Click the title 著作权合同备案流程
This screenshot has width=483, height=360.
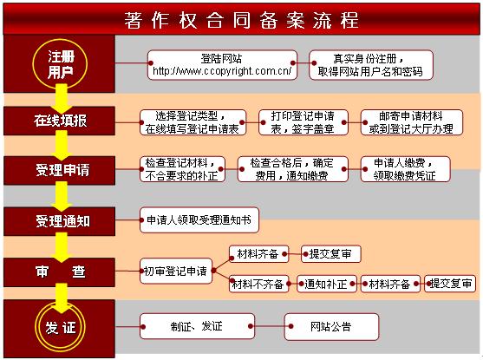tap(241, 21)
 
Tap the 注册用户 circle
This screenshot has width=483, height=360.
tap(60, 64)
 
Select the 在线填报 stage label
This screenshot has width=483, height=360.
tap(61, 121)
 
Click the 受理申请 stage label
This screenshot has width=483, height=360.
tap(62, 170)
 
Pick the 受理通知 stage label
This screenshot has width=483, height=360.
tap(62, 221)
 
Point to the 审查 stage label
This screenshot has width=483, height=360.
tap(61, 272)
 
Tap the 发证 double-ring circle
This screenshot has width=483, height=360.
tap(60, 327)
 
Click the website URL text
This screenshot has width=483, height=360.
tap(222, 71)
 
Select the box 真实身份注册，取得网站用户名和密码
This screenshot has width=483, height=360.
tap(371, 65)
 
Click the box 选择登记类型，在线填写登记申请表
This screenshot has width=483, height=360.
tap(193, 122)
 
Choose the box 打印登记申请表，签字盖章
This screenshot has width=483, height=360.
tap(304, 122)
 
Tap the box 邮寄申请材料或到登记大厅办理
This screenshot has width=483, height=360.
tap(412, 122)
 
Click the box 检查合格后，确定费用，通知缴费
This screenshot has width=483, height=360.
tap(292, 169)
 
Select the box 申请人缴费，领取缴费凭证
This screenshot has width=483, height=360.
tap(405, 169)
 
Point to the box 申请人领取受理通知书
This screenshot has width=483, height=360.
tap(199, 220)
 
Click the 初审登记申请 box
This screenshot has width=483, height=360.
tap(176, 272)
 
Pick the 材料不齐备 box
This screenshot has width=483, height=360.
tap(258, 284)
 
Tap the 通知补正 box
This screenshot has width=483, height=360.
tap(327, 284)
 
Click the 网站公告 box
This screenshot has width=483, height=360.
tap(331, 327)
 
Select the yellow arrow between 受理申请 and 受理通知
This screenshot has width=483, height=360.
tap(62, 196)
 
